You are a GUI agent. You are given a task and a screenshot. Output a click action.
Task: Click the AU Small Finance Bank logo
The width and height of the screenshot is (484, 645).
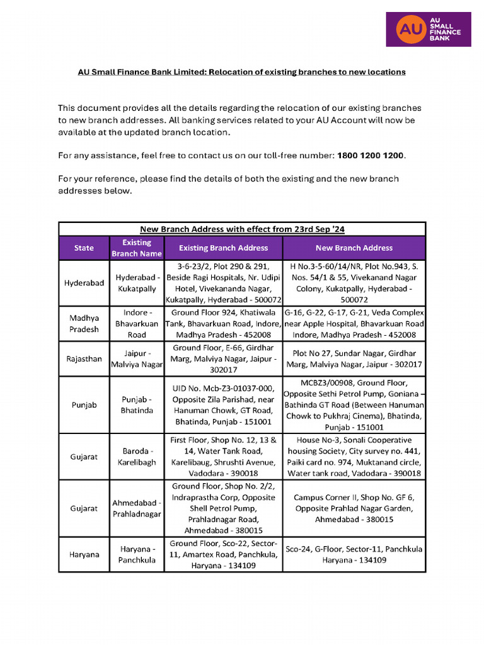[x=428, y=28]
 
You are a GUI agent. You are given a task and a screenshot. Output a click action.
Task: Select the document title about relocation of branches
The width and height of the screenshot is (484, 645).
[x=241, y=72]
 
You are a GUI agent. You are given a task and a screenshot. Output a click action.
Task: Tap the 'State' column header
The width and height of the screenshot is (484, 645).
[x=84, y=248]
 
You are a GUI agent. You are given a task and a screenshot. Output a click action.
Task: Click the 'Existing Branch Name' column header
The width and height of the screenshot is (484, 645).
[x=137, y=248]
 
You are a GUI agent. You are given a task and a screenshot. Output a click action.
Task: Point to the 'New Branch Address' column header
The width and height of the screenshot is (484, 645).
[x=354, y=248]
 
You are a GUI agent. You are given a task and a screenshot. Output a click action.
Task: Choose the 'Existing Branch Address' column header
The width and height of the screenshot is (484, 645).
[x=223, y=248]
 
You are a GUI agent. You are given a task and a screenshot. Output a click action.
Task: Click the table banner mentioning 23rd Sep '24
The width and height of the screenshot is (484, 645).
[x=241, y=229]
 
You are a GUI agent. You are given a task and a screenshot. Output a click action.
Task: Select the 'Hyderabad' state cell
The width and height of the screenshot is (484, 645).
[x=84, y=283]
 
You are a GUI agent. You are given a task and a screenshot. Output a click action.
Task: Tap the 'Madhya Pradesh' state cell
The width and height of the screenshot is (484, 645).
[x=84, y=324]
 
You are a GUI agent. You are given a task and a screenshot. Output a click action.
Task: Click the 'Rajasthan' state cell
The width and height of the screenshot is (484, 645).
[x=84, y=359]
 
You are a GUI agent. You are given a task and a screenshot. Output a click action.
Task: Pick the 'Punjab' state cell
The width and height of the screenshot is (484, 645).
[x=84, y=405]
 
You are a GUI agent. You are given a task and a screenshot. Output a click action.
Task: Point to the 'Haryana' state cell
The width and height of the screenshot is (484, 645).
[x=84, y=554]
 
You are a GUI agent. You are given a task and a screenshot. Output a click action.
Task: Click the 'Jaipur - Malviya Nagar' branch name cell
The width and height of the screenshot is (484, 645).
[x=137, y=359]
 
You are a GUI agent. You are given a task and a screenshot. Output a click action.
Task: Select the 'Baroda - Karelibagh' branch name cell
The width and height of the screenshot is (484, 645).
[x=137, y=457]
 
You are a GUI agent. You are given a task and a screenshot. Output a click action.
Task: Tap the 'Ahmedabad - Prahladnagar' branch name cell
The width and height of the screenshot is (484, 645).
[x=137, y=508]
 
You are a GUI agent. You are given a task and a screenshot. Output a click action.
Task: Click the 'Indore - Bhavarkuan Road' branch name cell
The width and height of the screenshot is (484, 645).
[x=137, y=324]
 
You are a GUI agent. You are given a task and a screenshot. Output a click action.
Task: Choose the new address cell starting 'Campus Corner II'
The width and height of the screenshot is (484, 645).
[x=354, y=508]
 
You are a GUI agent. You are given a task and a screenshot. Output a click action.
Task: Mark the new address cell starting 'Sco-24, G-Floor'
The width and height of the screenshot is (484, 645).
[x=354, y=554]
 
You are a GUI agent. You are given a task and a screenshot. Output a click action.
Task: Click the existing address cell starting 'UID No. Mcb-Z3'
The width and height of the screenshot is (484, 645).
[x=223, y=405]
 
